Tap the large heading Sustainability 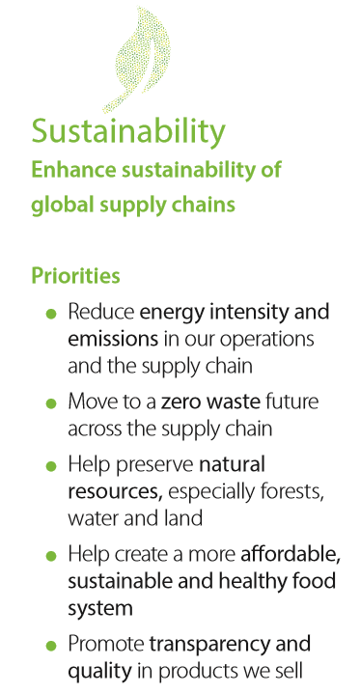tap(128, 131)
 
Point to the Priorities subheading tap(75, 276)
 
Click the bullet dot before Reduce tap(51, 315)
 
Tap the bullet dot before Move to tap(51, 403)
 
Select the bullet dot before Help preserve tap(51, 466)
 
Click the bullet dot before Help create tap(51, 556)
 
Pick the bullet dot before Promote tap(51, 646)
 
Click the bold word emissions tap(113, 339)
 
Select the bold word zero tap(180, 402)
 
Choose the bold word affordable tap(291, 555)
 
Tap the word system tap(100, 609)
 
